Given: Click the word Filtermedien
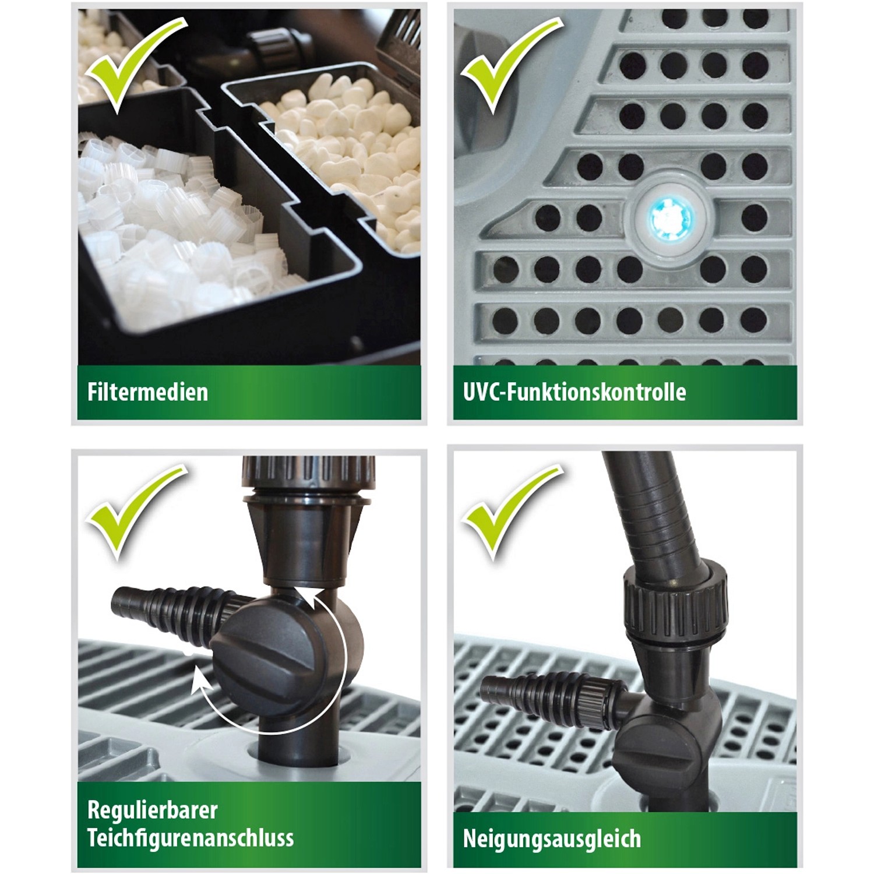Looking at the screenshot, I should pyautogui.click(x=147, y=392).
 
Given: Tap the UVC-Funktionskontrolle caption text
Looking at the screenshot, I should pyautogui.click(x=574, y=392).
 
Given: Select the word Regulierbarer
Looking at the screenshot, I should pyautogui.click(x=152, y=810).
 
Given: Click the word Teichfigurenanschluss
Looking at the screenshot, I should pyautogui.click(x=190, y=838).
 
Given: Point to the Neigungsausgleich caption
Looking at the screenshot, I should pyautogui.click(x=551, y=839).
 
